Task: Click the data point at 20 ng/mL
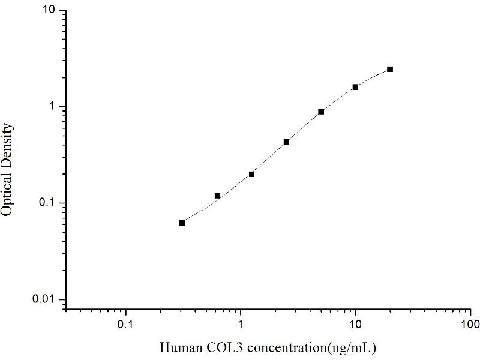(390, 70)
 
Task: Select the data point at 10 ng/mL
(355, 87)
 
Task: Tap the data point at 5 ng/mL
(321, 112)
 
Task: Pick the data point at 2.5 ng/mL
(286, 142)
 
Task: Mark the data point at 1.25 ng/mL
(251, 175)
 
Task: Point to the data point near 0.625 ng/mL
(217, 196)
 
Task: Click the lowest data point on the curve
(182, 223)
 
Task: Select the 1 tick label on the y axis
(53, 107)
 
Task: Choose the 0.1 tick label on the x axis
(125, 325)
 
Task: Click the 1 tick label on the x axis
(241, 325)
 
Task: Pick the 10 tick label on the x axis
(355, 325)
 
